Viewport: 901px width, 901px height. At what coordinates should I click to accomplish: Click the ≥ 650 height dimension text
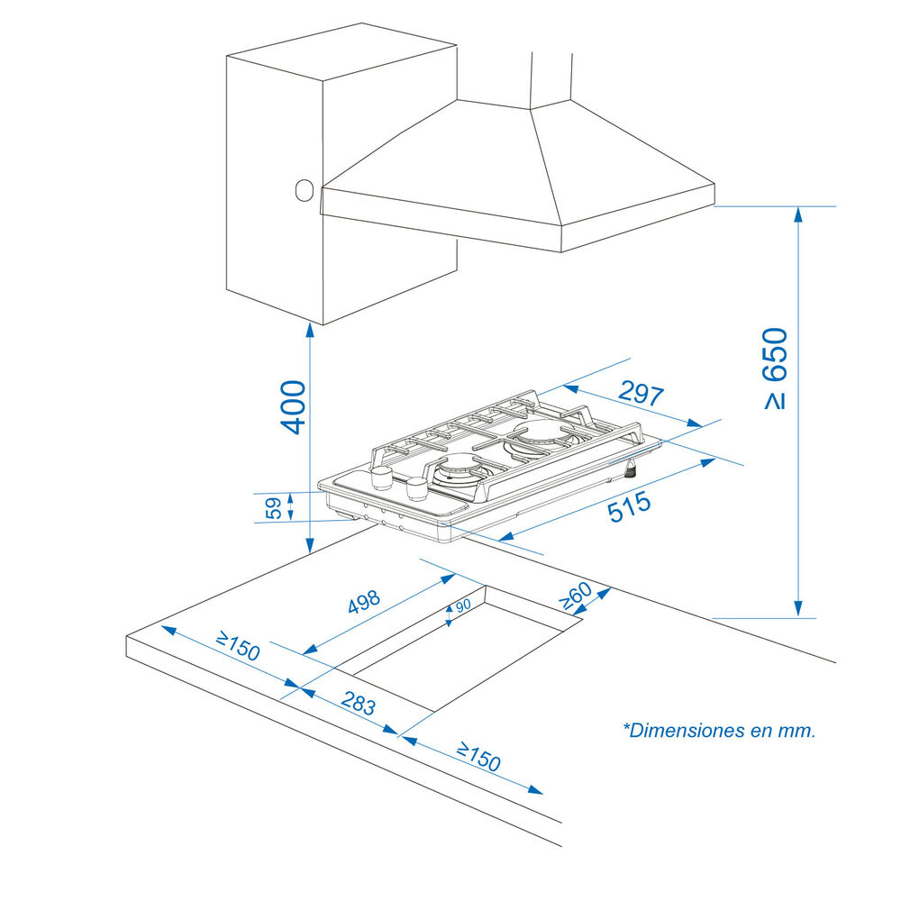pyautogui.click(x=776, y=369)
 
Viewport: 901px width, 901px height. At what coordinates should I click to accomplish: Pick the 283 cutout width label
pyautogui.click(x=359, y=704)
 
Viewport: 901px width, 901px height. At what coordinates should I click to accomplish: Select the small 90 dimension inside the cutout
pyautogui.click(x=463, y=606)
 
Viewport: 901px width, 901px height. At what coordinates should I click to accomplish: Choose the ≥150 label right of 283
pyautogui.click(x=478, y=756)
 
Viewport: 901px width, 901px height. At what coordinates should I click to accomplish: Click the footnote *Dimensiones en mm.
pyautogui.click(x=718, y=731)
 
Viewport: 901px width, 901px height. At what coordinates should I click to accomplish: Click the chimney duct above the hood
pyautogui.click(x=551, y=77)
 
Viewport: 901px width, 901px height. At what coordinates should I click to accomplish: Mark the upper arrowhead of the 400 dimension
pyautogui.click(x=309, y=331)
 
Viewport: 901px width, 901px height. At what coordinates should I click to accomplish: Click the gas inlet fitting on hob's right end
pyautogui.click(x=632, y=469)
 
